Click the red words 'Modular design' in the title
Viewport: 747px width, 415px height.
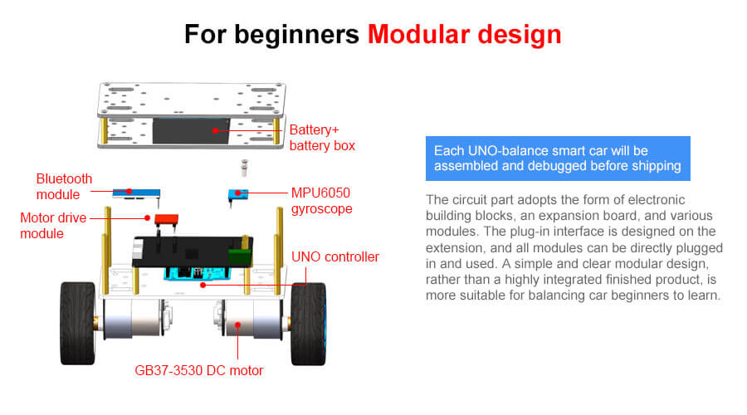[x=465, y=35]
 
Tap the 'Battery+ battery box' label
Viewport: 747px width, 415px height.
[x=322, y=138]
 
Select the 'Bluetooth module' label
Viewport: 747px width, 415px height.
[x=64, y=186]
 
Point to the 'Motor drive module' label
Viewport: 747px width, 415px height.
[x=53, y=226]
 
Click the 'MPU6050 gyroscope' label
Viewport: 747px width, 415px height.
[x=321, y=201]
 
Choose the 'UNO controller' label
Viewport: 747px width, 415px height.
[x=335, y=256]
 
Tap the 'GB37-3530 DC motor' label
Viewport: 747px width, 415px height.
[x=198, y=370]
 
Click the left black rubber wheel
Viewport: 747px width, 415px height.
[x=78, y=324]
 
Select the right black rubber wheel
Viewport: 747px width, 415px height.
[x=308, y=324]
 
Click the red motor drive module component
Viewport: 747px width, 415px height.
[x=166, y=220]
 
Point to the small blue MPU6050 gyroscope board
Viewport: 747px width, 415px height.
[x=238, y=194]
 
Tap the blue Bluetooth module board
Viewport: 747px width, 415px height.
[x=136, y=193]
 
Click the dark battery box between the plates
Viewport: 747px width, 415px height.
[x=191, y=131]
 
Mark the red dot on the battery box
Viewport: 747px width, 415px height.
[x=215, y=130]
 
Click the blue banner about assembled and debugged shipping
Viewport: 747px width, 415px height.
[x=558, y=159]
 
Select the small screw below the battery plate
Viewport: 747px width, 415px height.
[x=244, y=168]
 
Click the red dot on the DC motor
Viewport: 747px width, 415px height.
[x=237, y=325]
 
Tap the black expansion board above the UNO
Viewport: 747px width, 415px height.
[x=193, y=251]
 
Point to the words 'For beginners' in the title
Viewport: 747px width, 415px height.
[x=271, y=35]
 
